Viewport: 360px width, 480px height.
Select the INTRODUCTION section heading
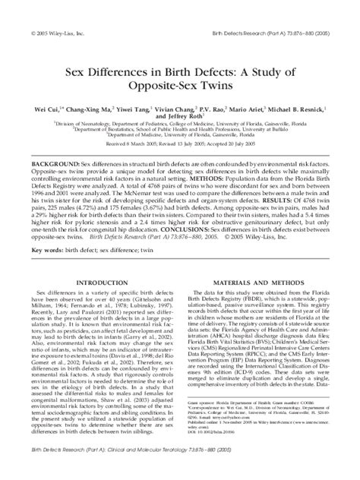coord(95,261)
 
